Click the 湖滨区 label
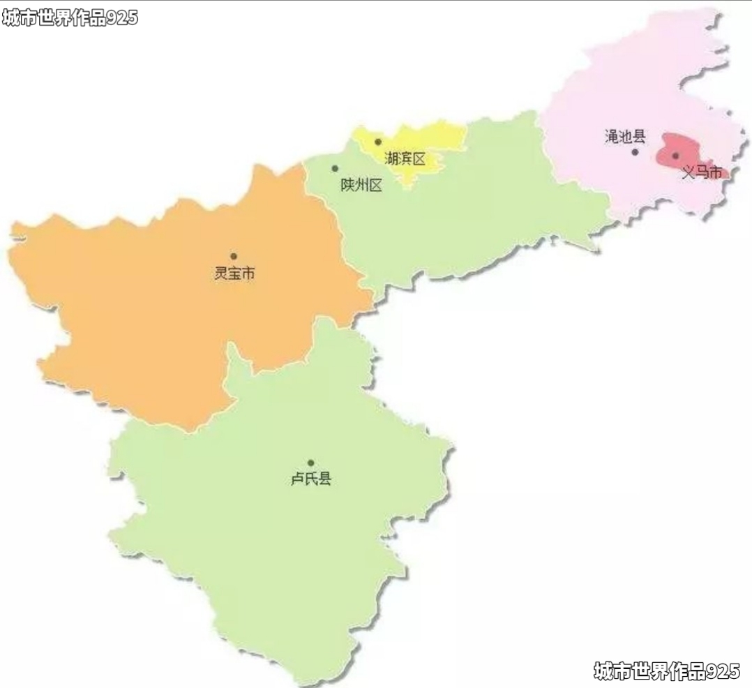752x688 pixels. (x=405, y=159)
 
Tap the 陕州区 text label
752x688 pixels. (x=361, y=186)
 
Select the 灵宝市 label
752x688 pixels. (x=234, y=273)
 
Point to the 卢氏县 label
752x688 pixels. (x=311, y=479)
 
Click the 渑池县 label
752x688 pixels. (x=625, y=136)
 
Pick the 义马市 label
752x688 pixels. (x=701, y=172)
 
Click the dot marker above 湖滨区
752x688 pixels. (x=378, y=142)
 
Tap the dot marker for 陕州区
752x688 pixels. (x=335, y=168)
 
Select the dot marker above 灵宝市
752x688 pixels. (x=234, y=256)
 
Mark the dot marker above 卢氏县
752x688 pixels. (x=311, y=463)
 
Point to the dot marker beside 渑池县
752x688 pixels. (x=635, y=151)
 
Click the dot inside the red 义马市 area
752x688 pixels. (x=675, y=156)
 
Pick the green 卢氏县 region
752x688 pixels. (x=279, y=530)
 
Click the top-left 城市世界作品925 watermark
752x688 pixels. (x=70, y=18)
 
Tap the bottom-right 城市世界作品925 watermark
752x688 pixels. (x=666, y=671)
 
